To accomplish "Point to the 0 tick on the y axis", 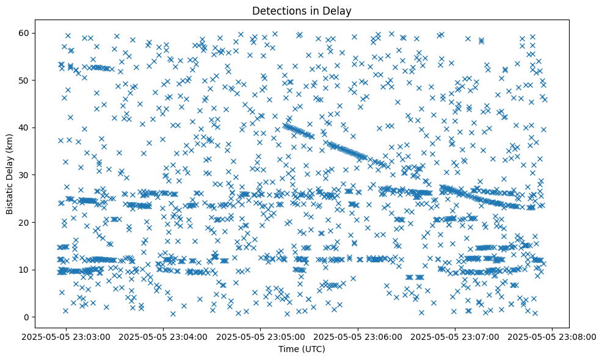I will point(27,317).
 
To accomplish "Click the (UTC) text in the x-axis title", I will point(313,349).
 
